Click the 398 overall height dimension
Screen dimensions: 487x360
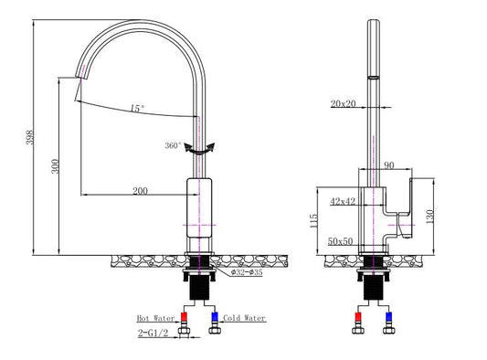(x=29, y=137)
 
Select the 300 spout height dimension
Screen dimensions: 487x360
(x=55, y=166)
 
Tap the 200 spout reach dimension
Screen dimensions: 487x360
(x=140, y=190)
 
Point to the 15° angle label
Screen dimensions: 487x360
(x=137, y=109)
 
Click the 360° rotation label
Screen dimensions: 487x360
(x=173, y=145)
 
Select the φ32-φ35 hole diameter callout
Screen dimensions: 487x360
(x=247, y=272)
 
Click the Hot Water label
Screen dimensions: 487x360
(x=156, y=318)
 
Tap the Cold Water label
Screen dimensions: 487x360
(x=244, y=318)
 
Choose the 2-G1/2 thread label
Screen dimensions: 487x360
(x=153, y=333)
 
